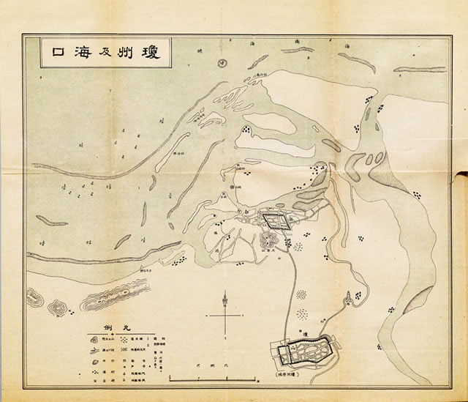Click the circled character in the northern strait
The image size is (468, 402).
pos(222,62)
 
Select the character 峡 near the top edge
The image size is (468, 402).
pos(201,51)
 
